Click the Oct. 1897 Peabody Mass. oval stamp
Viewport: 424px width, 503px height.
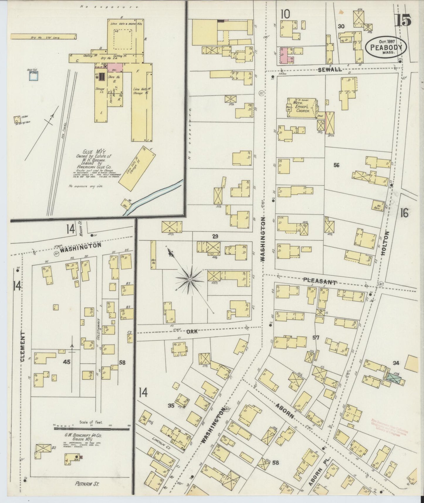pyautogui.click(x=386, y=47)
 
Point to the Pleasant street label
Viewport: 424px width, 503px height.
pyautogui.click(x=319, y=281)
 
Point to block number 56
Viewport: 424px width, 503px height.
pyautogui.click(x=336, y=165)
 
